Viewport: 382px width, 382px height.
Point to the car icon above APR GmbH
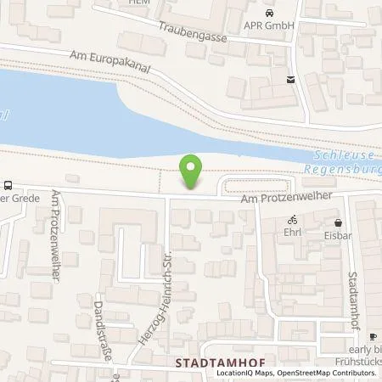point(270,13)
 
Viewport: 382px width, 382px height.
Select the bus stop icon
point(8,185)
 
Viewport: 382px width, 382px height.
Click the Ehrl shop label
point(293,231)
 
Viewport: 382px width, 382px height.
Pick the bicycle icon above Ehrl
point(293,218)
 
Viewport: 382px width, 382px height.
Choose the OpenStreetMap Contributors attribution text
point(332,373)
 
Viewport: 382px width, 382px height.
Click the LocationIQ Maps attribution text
point(246,373)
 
